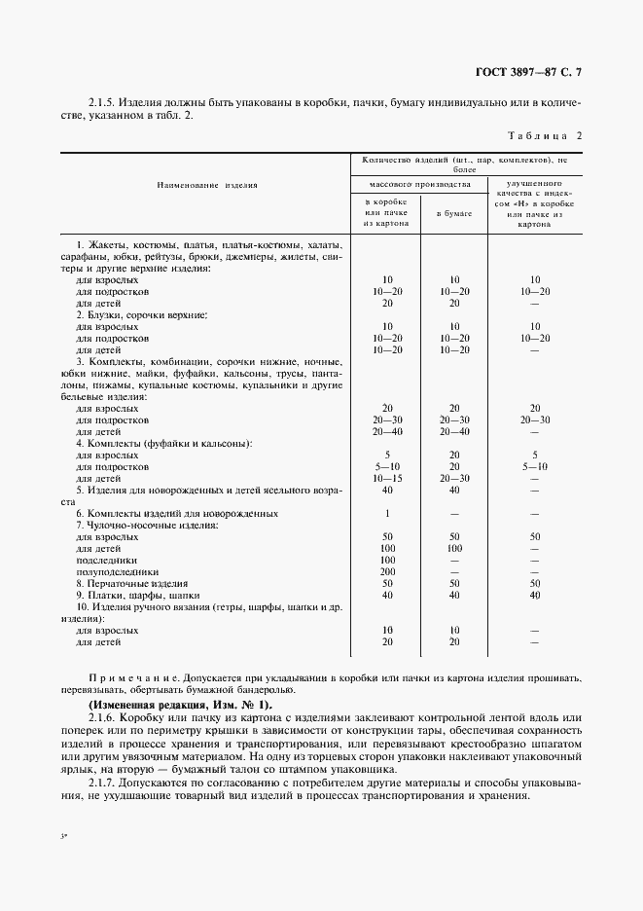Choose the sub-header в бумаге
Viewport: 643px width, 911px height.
[453, 211]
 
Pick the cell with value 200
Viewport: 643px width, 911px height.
[387, 572]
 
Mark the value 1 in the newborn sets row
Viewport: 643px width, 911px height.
[387, 513]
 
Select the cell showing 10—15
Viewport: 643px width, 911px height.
[387, 478]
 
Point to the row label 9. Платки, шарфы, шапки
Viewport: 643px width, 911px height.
[137, 596]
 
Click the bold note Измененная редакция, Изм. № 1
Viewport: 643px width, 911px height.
[180, 704]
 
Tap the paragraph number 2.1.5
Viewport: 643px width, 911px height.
[102, 100]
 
